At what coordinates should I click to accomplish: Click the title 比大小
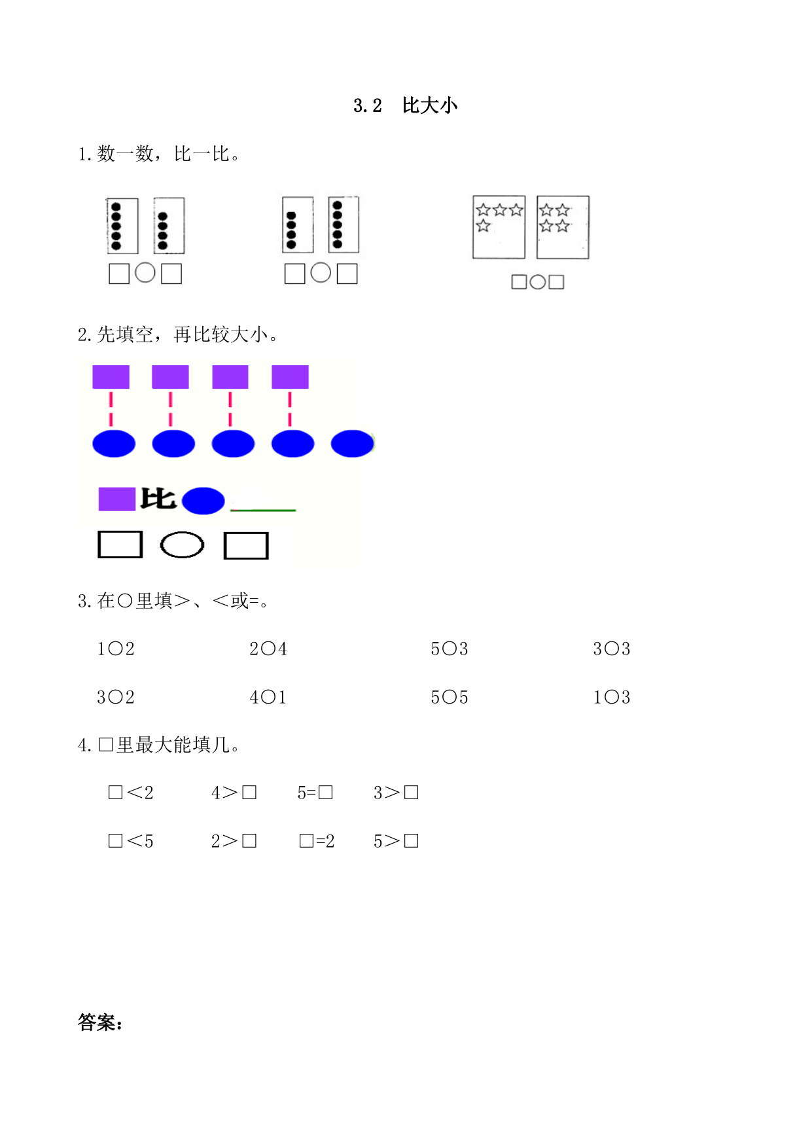pos(430,105)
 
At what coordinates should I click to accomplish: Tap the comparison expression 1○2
pos(116,649)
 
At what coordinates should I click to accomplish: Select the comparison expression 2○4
pos(268,649)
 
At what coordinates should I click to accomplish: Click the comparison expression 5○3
pos(450,649)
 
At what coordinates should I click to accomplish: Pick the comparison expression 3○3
pos(612,649)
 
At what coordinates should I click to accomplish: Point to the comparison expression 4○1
pos(268,698)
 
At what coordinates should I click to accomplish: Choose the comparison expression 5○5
pos(450,698)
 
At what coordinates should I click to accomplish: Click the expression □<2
pos(131,793)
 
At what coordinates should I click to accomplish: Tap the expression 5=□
pos(315,793)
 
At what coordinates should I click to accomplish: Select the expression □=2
pos(317,842)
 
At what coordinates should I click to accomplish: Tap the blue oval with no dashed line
pos(353,444)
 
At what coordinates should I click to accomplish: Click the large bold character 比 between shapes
pos(158,499)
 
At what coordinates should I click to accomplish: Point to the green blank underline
pos(263,509)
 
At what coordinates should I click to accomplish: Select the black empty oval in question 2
pos(182,545)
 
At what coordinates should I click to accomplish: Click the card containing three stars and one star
pos(499,227)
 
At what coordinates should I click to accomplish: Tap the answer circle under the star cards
pos(537,282)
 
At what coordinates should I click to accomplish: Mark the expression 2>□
pos(234,842)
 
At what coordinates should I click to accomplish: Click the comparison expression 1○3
pos(612,698)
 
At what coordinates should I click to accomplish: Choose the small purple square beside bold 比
pos(116,499)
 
